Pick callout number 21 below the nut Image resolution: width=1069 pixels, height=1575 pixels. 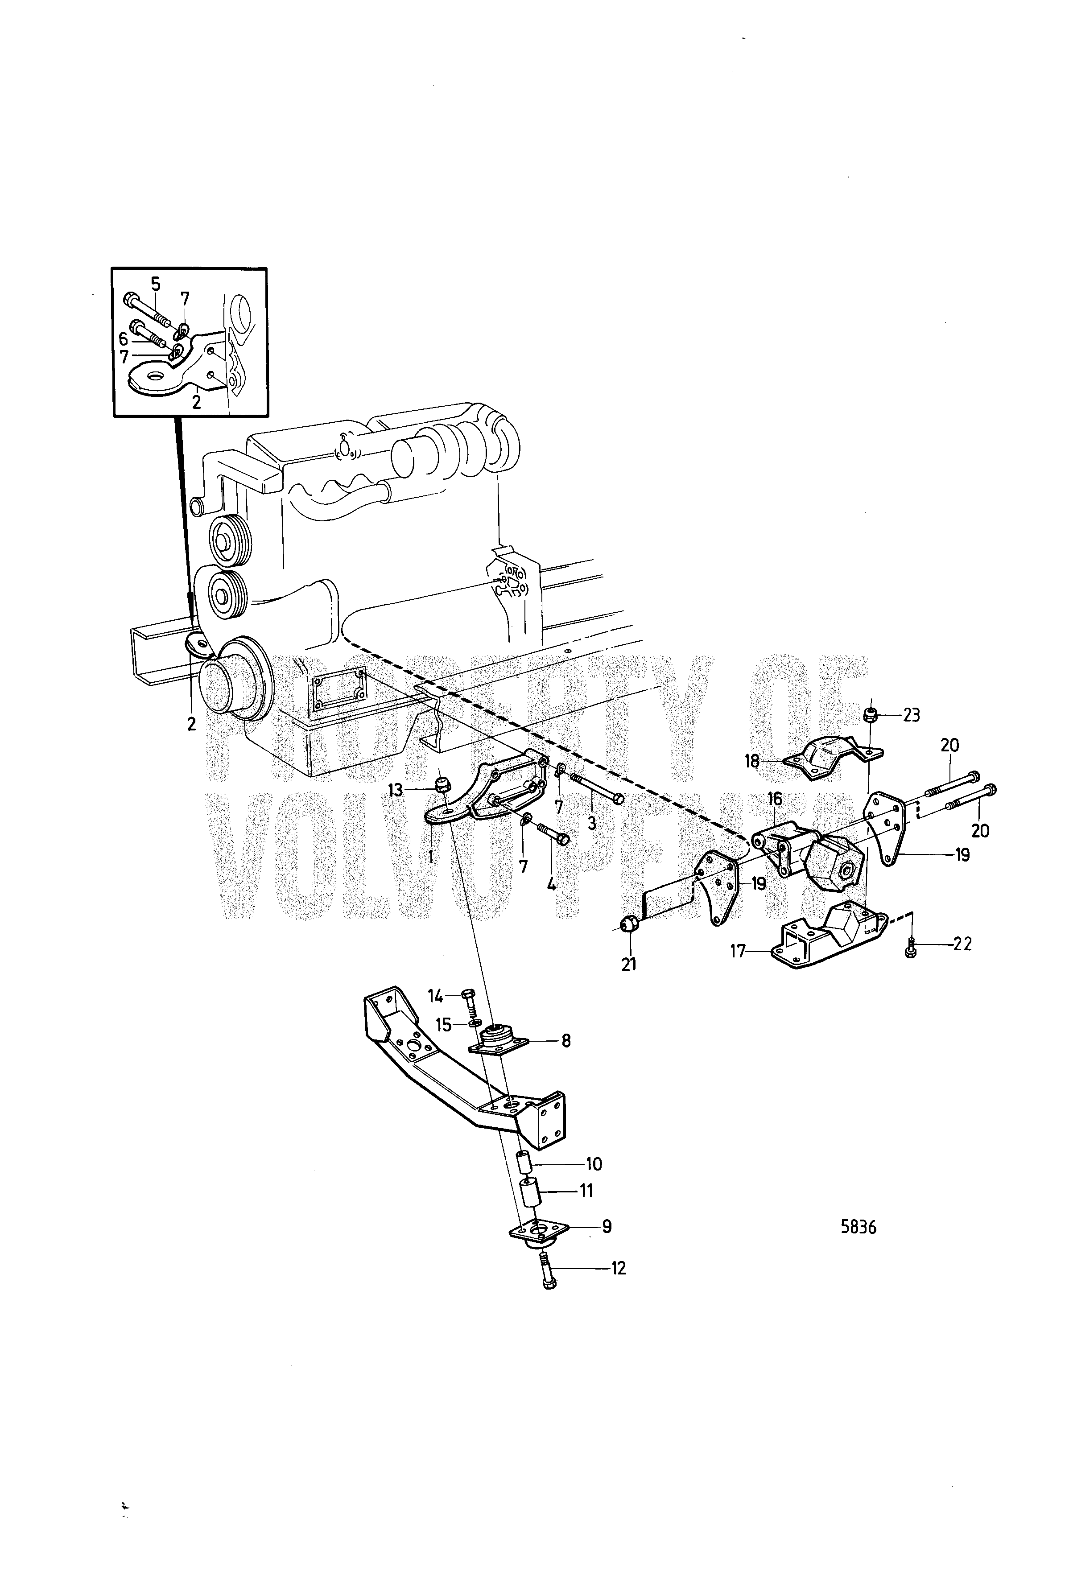pos(629,963)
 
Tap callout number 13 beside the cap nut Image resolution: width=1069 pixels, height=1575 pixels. pos(395,790)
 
